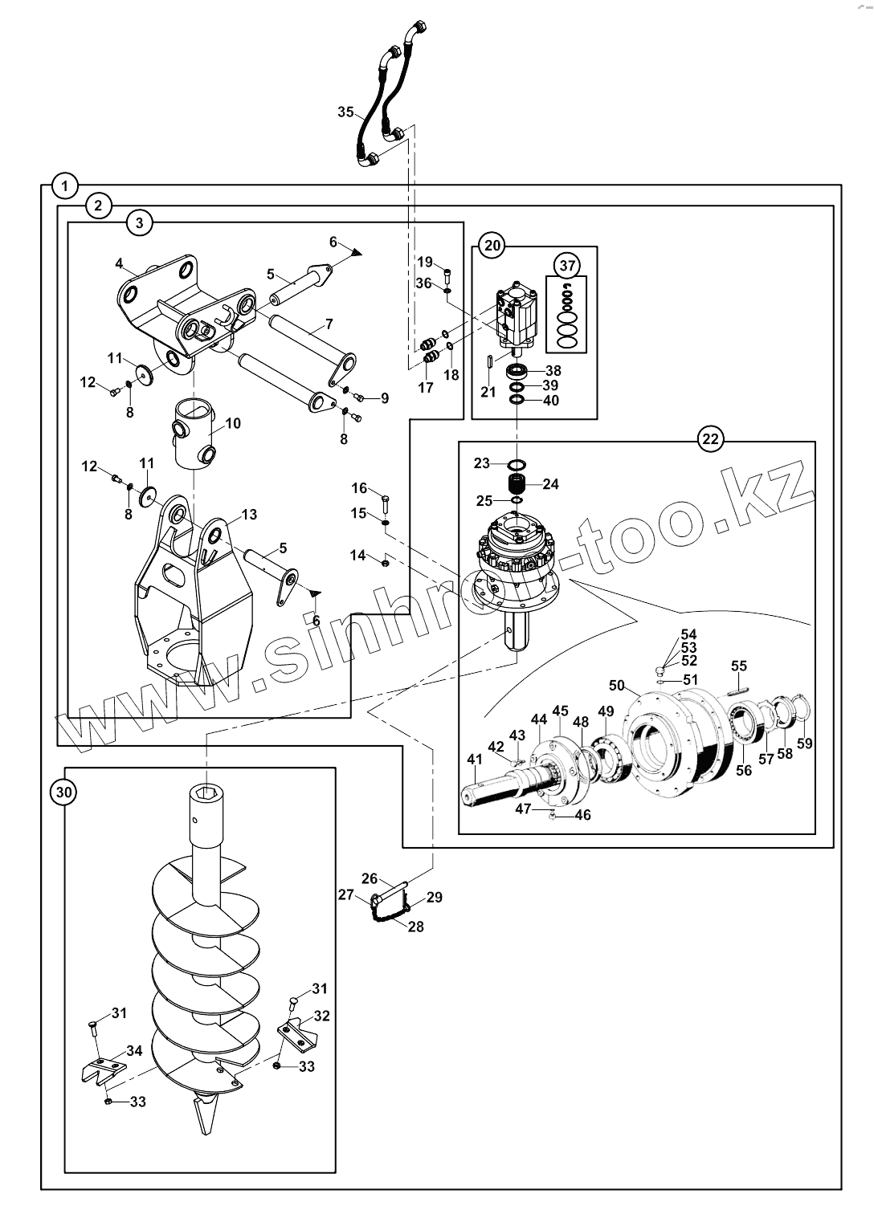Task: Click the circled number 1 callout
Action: coord(65,187)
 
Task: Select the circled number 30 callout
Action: coord(63,792)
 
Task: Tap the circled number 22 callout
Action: coord(710,438)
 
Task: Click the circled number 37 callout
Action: coord(567,265)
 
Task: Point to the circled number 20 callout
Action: coord(492,246)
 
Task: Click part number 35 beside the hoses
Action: coord(346,112)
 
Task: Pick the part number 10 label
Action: coord(232,423)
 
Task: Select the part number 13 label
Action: coord(249,514)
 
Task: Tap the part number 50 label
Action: coord(617,686)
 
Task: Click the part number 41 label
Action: coord(475,759)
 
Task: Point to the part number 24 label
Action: coord(551,484)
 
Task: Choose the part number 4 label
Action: coord(119,263)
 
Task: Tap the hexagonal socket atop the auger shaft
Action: coord(206,795)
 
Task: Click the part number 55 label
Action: coord(739,666)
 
